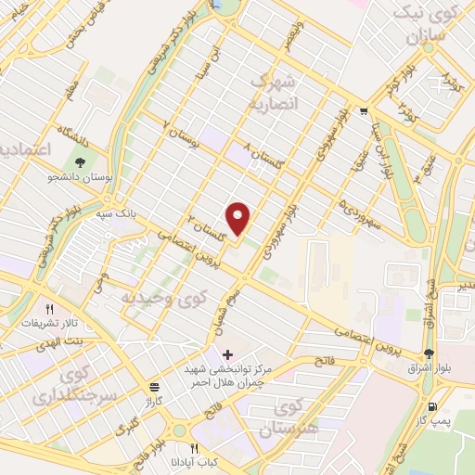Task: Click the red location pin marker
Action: click(x=239, y=218)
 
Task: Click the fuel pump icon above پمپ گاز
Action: click(x=431, y=407)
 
